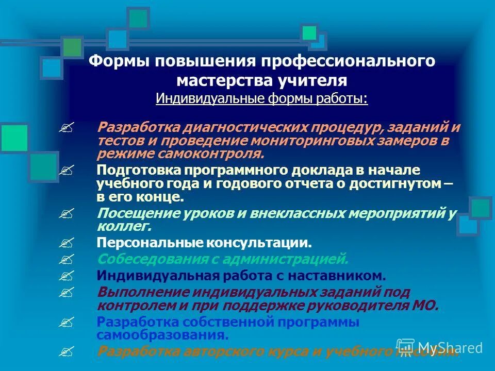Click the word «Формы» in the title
click(x=112, y=61)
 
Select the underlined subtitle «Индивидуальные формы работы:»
click(x=261, y=98)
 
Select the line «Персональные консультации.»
click(x=204, y=242)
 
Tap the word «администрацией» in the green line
click(x=291, y=259)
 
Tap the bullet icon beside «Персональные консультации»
click(x=67, y=242)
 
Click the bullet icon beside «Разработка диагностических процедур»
click(x=67, y=127)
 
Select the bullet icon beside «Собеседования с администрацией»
click(x=67, y=259)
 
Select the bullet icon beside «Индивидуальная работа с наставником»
click(x=67, y=276)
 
